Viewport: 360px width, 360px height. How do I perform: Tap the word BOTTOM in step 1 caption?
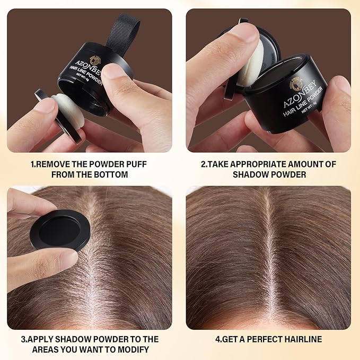pos(112,174)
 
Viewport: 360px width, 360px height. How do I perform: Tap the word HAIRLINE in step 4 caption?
pos(303,339)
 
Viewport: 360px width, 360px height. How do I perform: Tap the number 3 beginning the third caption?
pos(23,339)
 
